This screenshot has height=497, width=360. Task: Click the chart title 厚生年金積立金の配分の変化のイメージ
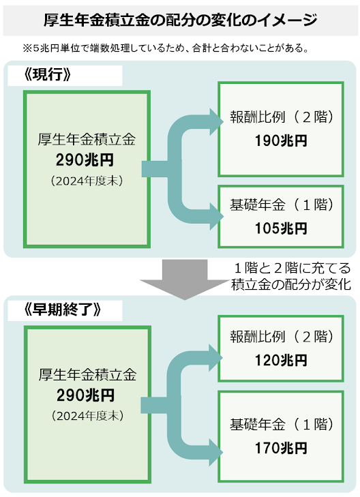tap(180, 20)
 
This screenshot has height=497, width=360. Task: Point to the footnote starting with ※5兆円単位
tap(166, 48)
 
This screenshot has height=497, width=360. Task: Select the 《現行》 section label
tap(47, 75)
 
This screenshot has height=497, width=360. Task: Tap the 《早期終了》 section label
tap(63, 310)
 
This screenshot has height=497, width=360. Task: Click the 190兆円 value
tap(281, 140)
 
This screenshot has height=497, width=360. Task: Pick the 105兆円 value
tap(281, 228)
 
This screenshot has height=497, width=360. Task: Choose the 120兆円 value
tap(281, 361)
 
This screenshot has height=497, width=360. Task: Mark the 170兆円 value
tap(281, 448)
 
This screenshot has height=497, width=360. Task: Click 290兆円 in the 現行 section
tap(85, 160)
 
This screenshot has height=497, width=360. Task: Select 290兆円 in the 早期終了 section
tap(85, 395)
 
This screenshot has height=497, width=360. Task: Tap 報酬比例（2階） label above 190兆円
tap(282, 117)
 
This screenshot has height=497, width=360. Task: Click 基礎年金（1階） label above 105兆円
tap(282, 205)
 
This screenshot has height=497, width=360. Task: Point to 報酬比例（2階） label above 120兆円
tap(282, 337)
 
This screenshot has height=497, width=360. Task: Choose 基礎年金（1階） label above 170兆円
tap(282, 425)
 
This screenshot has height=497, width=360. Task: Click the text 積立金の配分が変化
tap(291, 284)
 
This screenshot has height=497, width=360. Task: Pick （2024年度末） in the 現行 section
tap(87, 181)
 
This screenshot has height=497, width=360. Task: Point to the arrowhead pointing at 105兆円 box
tap(216, 217)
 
